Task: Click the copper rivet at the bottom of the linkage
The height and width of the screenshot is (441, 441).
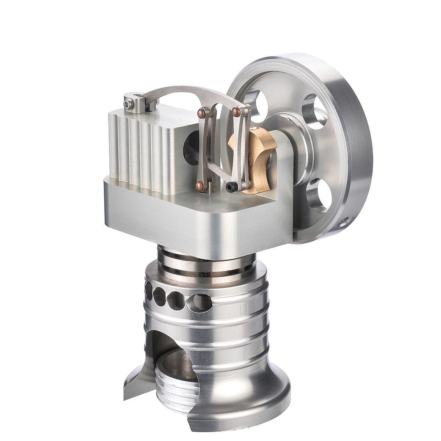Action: click(x=199, y=185)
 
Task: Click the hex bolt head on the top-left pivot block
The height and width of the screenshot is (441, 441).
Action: click(x=128, y=103)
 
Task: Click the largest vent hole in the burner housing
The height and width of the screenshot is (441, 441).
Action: click(x=199, y=301)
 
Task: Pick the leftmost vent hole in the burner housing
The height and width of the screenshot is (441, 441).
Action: click(x=149, y=291)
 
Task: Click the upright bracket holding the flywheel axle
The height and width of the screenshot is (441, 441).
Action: click(x=283, y=188)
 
